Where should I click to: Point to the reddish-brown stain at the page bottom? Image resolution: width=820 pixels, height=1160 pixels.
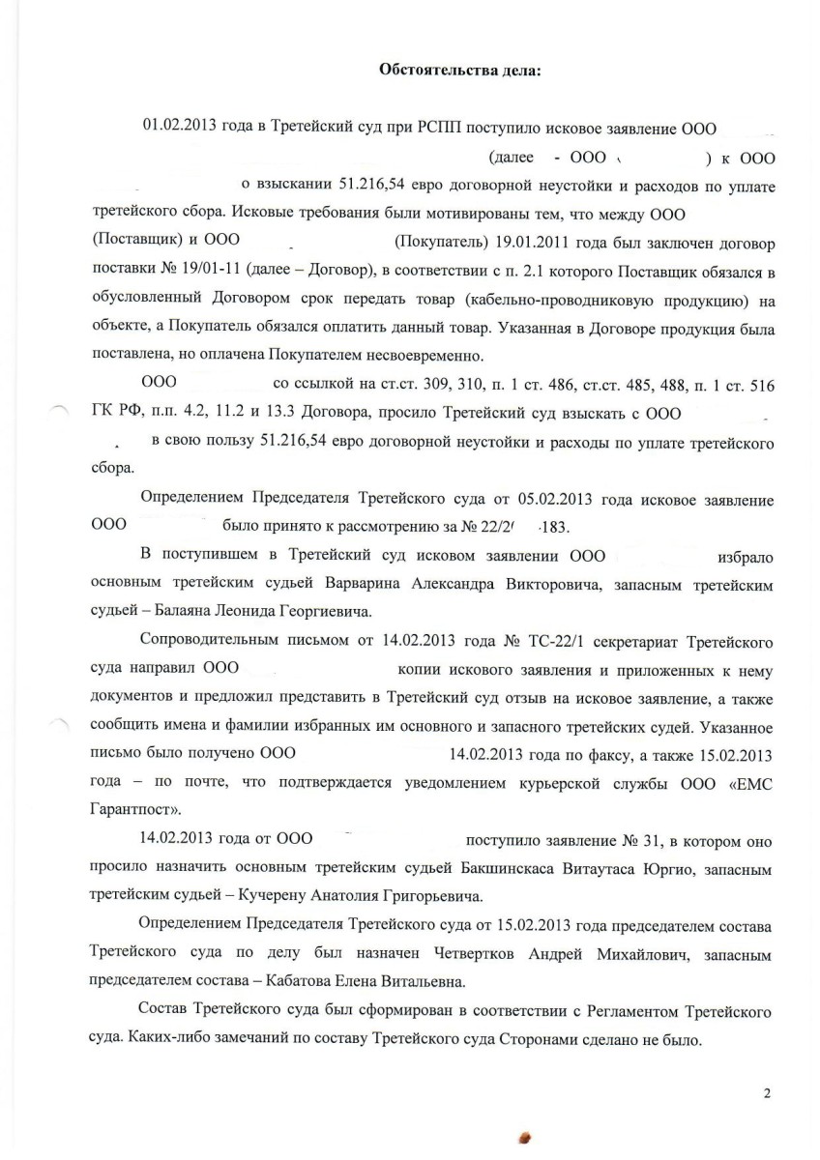tap(526, 1138)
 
